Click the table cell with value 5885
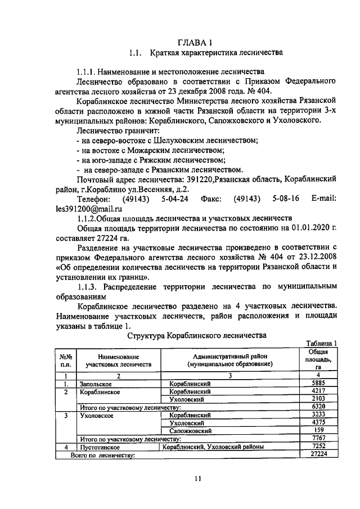pos(318,383)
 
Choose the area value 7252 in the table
pos(318,446)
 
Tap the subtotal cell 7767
pos(318,438)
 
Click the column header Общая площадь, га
pos(318,358)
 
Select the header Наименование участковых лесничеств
pos(119,361)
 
